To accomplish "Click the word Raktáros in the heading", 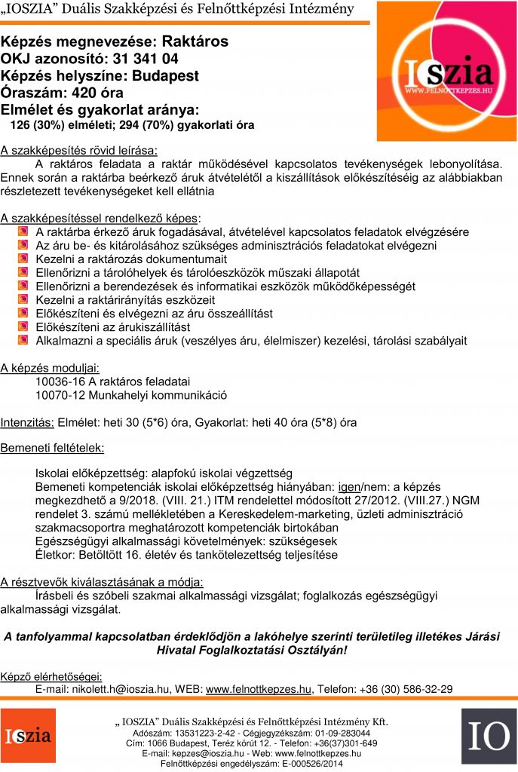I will pyautogui.click(x=195, y=42).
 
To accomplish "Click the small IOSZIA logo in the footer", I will pyautogui.click(x=28, y=736).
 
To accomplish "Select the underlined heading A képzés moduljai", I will pyautogui.click(x=50, y=368).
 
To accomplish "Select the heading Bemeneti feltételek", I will pyautogui.click(x=52, y=448).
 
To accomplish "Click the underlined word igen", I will pyautogui.click(x=349, y=487).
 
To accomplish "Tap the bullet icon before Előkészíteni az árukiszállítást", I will pyautogui.click(x=23, y=327).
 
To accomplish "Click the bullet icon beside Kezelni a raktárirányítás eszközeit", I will pyautogui.click(x=23, y=300).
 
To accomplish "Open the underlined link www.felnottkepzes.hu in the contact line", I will pyautogui.click(x=259, y=688).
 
